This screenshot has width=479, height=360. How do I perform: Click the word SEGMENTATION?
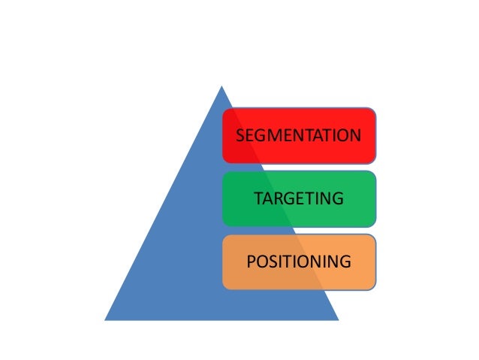[x=298, y=136]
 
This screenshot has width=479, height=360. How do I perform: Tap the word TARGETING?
[x=298, y=199]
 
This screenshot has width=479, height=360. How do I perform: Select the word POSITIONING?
[x=298, y=262]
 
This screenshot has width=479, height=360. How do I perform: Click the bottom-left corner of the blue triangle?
[x=105, y=320]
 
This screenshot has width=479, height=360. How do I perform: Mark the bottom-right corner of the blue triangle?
[x=339, y=320]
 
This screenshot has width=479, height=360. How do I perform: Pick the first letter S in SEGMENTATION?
[x=240, y=136]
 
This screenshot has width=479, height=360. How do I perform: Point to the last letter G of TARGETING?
[x=338, y=199]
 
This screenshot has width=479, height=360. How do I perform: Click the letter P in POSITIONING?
[x=251, y=262]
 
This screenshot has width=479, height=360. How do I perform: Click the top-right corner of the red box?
[x=374, y=110]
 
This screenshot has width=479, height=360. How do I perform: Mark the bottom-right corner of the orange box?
[x=374, y=288]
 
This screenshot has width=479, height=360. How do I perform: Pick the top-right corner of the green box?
[x=374, y=173]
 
